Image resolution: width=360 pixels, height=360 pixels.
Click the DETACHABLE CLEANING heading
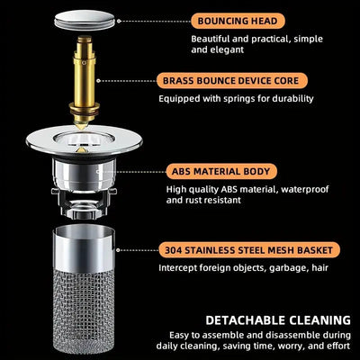277,319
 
